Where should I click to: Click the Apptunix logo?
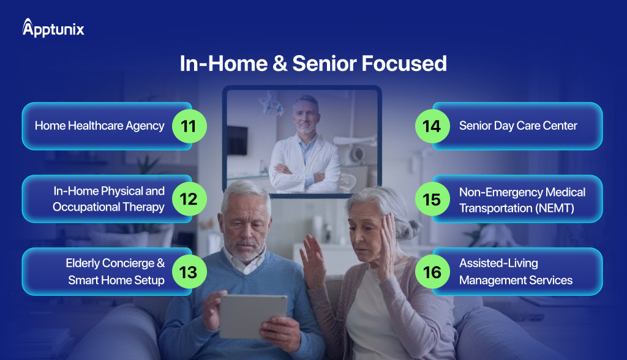[x=53, y=28]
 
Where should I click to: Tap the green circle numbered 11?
[x=189, y=126]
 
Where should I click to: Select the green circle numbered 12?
[x=189, y=199]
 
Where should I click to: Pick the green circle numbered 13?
[x=189, y=272]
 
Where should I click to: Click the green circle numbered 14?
[x=432, y=126]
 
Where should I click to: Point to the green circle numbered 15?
[x=432, y=199]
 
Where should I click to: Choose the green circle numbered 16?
[x=432, y=272]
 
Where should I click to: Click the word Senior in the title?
[x=325, y=64]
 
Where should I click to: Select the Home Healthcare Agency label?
[x=100, y=126]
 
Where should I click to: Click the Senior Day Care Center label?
[x=518, y=126]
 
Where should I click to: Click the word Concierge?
[x=129, y=263]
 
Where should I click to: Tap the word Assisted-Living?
[x=498, y=263]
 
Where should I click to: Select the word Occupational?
[x=86, y=207]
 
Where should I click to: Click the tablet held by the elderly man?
[x=253, y=317]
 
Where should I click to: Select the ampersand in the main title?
[x=280, y=64]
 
